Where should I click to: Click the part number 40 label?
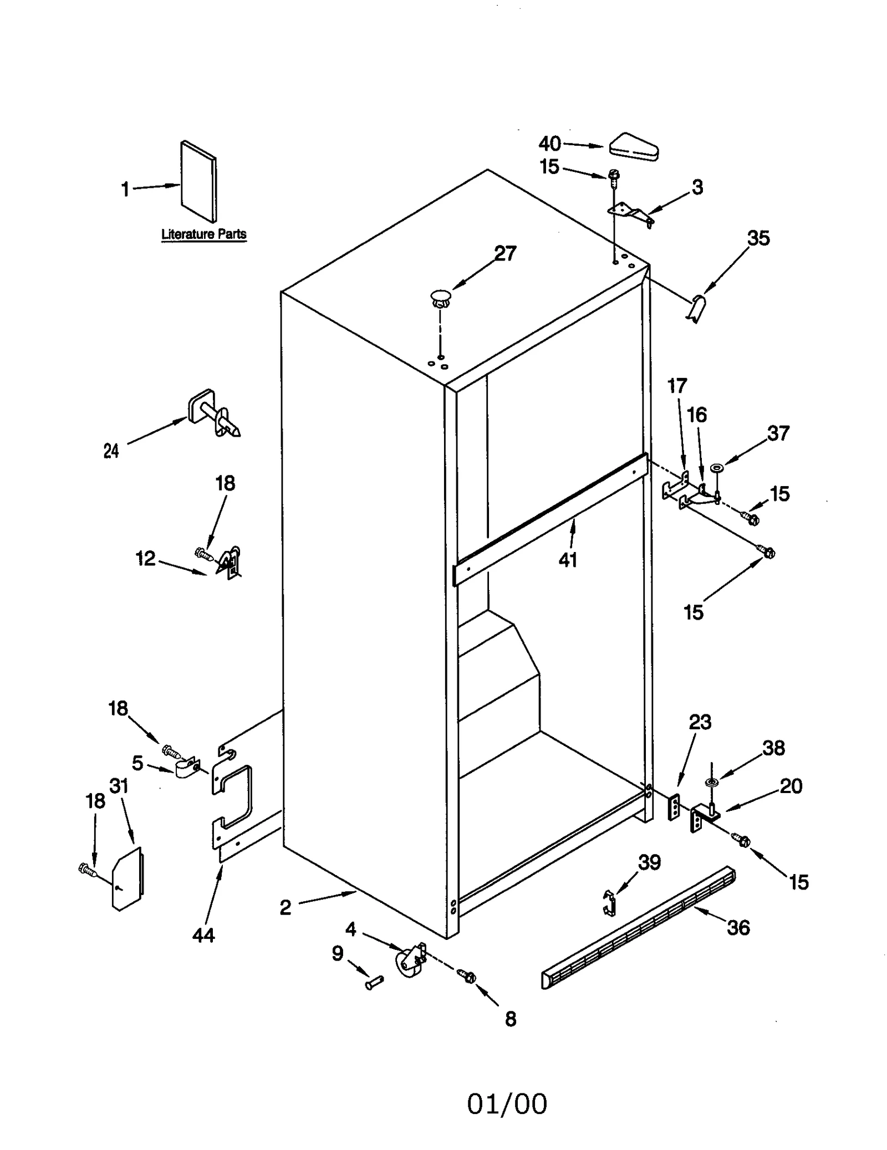point(549,144)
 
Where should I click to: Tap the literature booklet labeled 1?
point(198,181)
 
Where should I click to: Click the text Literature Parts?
point(203,234)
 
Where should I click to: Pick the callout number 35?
point(758,238)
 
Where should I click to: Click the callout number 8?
point(510,1019)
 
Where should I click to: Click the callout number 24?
point(111,451)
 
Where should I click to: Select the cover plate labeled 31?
point(128,878)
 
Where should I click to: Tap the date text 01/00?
point(506,1104)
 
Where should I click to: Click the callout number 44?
point(203,936)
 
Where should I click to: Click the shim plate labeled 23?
point(674,806)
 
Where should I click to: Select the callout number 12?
point(145,559)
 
